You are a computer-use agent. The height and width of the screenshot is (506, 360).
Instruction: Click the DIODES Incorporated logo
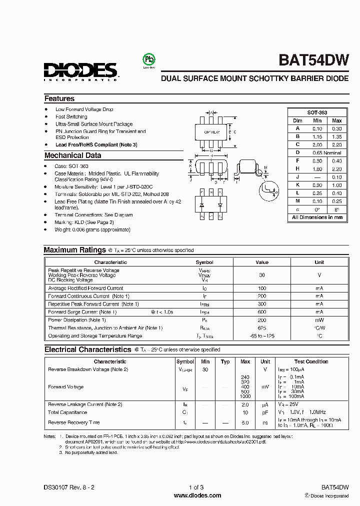coord(80,71)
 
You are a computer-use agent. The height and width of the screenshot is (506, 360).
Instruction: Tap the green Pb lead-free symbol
coord(148,59)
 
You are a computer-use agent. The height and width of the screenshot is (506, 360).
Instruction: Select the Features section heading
coord(59,98)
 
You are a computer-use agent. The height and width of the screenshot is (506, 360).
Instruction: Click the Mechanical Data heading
coord(73,155)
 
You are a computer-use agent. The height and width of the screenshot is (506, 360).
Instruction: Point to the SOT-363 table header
coord(317,113)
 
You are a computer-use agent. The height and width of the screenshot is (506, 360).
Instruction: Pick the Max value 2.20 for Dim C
coord(336,144)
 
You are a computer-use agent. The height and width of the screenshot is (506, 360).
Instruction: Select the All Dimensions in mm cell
coord(317,217)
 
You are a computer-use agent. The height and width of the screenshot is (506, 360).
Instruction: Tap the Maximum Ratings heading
coord(74,250)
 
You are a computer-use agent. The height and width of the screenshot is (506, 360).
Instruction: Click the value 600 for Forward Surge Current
coord(262,312)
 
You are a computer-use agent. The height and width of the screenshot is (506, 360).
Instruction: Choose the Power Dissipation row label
coord(77,320)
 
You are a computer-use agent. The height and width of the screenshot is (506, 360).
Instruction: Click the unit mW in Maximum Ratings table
coord(319,320)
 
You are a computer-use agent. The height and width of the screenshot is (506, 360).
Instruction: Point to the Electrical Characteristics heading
coord(87,349)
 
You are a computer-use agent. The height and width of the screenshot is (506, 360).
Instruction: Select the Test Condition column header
coord(311,361)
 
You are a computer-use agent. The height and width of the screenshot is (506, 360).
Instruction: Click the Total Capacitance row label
coord(67,412)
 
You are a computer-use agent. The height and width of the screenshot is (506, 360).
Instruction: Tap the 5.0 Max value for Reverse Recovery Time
coord(245,423)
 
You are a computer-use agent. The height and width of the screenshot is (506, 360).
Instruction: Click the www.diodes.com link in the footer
coord(197,495)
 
